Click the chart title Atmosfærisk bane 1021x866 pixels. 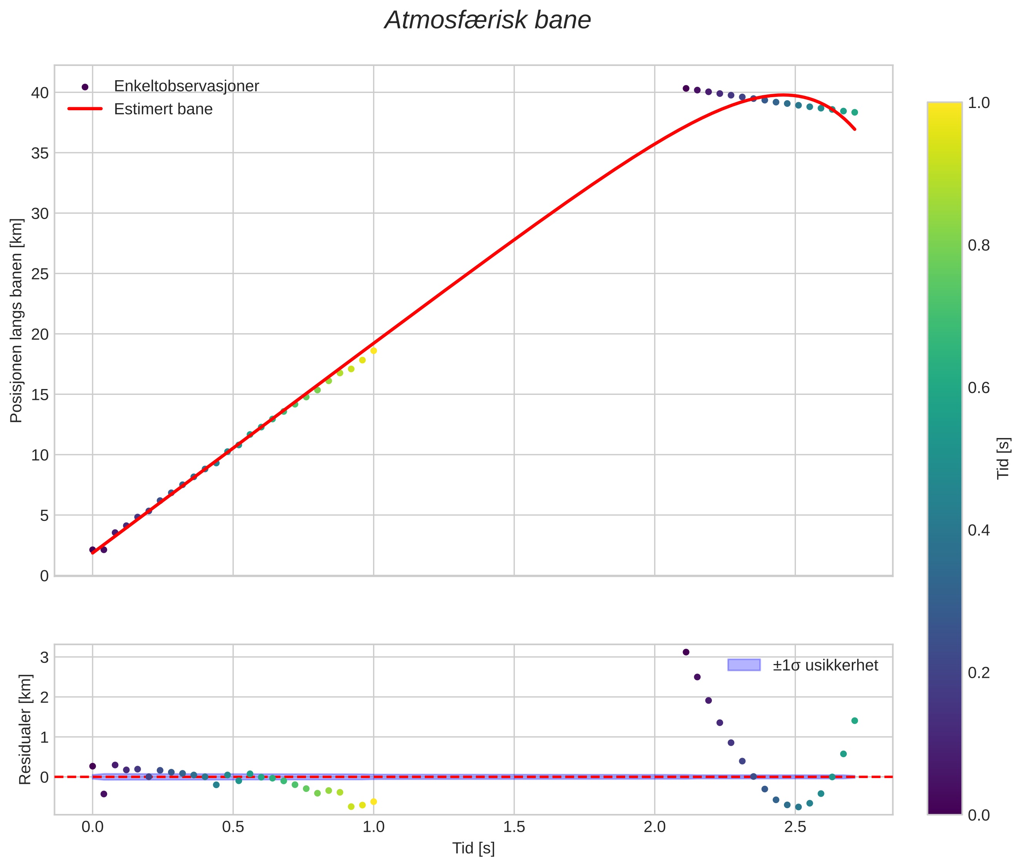coord(488,20)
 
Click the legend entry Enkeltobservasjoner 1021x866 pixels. coord(187,86)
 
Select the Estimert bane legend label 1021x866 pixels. coord(163,109)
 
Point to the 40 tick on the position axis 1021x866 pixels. coord(40,93)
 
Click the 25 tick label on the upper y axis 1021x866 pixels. coord(40,274)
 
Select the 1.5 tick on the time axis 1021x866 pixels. coord(514,827)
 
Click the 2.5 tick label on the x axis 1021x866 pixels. coord(795,827)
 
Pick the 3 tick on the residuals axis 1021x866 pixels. coord(45,657)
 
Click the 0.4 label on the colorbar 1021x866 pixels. coord(979,530)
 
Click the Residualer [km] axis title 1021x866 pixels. coord(25,730)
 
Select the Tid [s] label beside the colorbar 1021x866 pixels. coord(1004,458)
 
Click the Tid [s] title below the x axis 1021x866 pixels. coord(473,848)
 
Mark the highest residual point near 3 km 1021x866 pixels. coord(686,652)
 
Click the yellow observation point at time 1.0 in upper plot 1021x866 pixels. coord(373,350)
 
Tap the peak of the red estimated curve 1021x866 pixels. coord(783,95)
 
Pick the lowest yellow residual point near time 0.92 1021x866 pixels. coord(351,807)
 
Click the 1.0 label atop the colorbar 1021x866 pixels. coord(979,103)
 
